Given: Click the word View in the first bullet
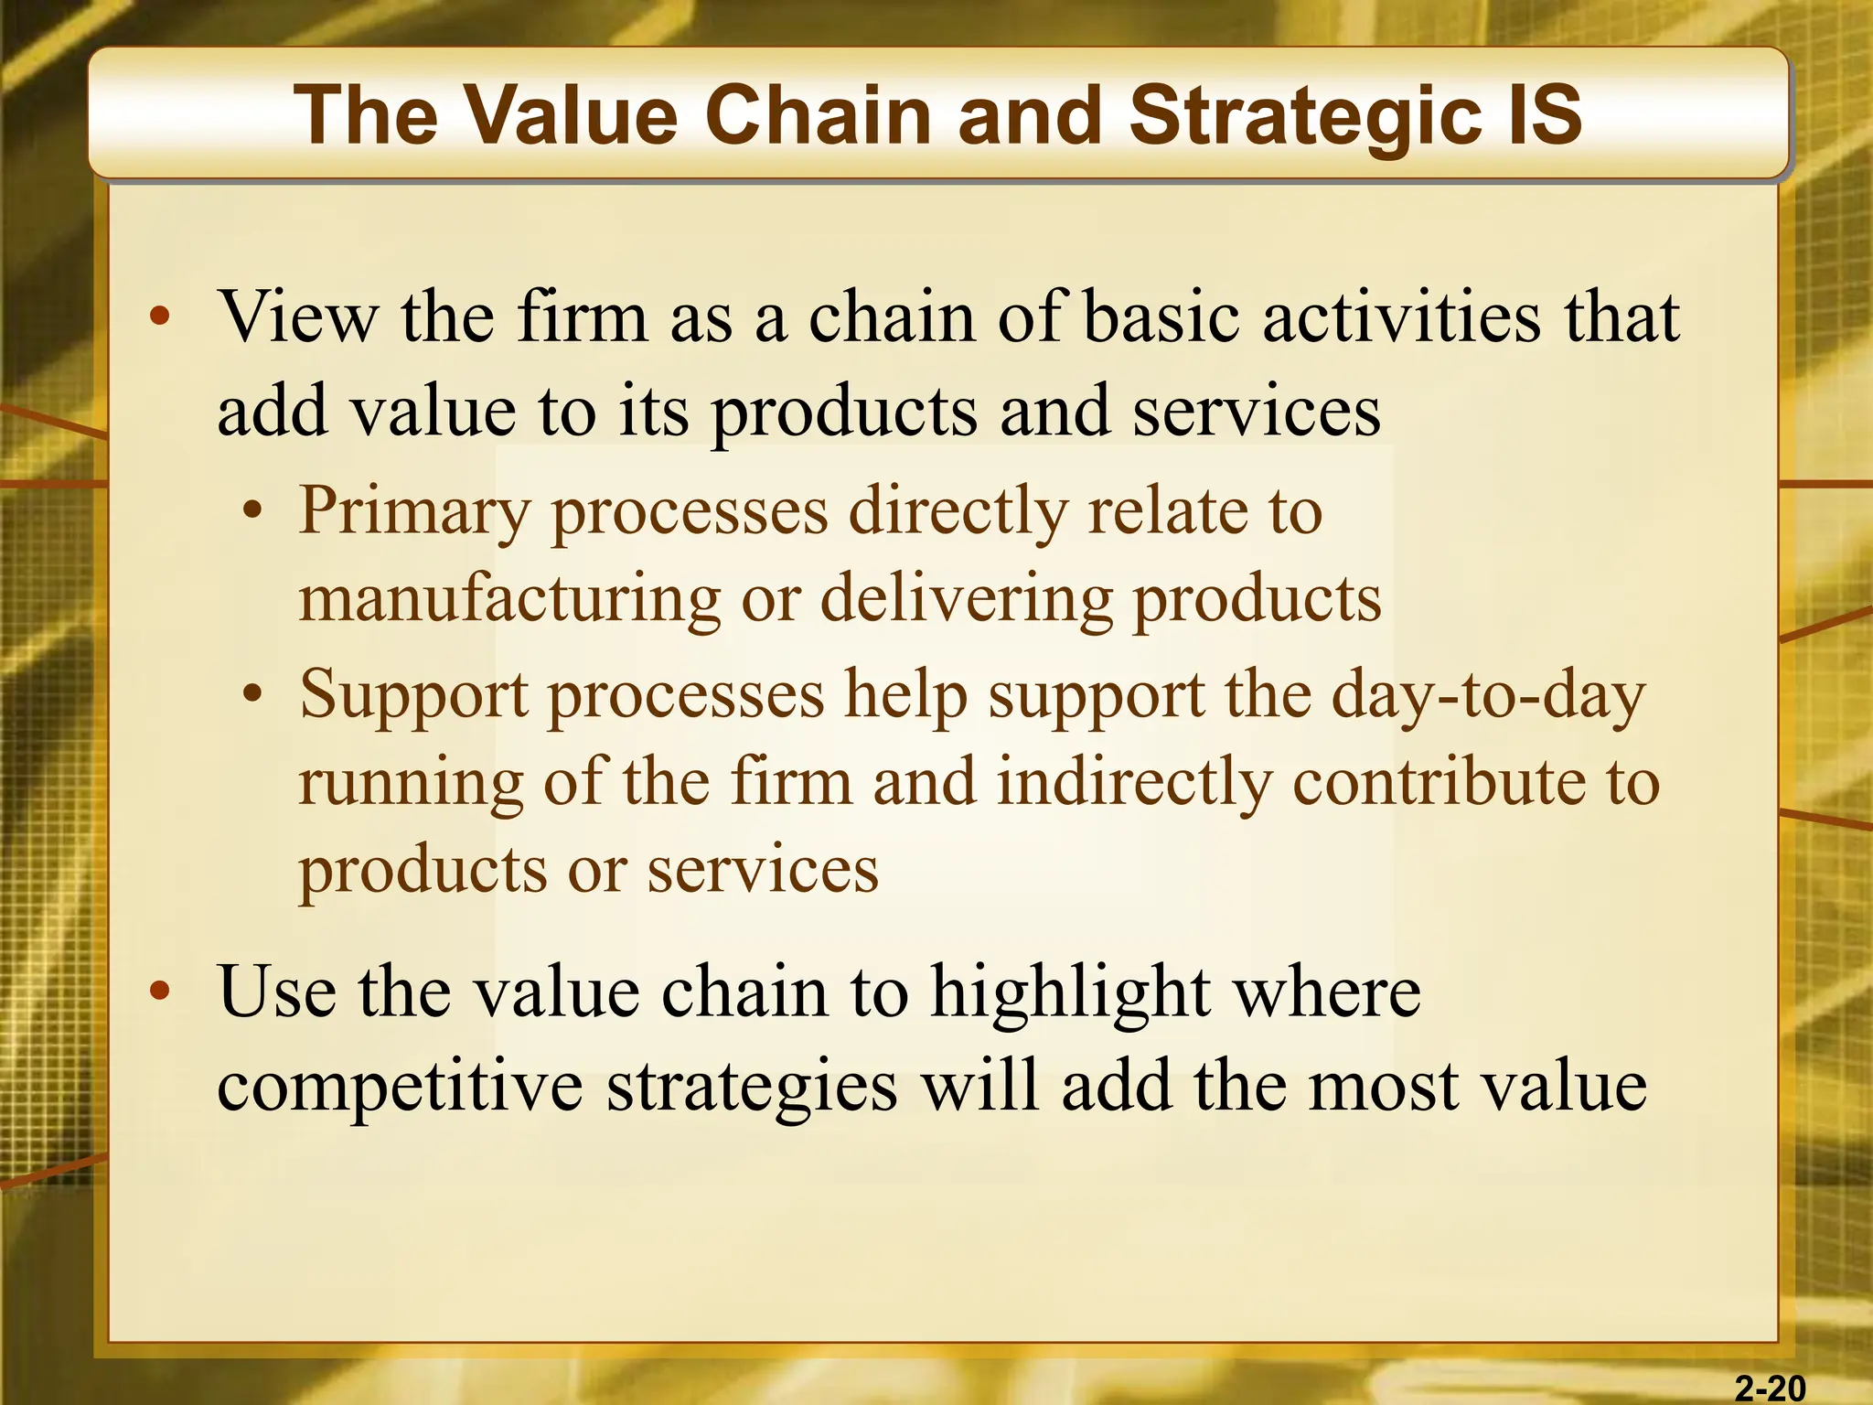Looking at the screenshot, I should point(298,316).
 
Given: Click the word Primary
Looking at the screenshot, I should point(414,512).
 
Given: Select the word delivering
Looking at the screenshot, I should point(966,600).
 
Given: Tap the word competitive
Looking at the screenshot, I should point(400,1089).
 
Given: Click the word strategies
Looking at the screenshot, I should point(752,1089).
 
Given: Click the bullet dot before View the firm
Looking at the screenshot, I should point(160,318).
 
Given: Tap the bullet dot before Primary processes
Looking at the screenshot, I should point(252,512).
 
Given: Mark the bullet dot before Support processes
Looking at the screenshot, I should point(252,696).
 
